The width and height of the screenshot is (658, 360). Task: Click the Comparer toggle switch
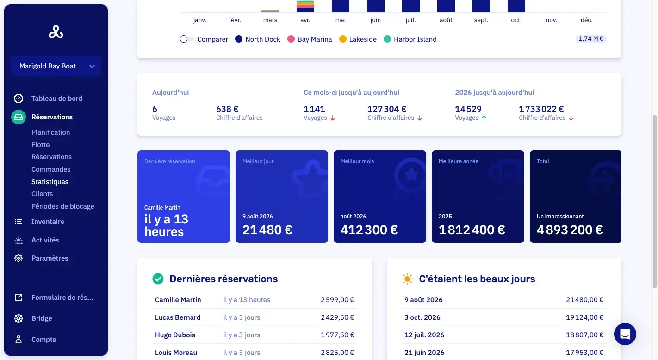(187, 39)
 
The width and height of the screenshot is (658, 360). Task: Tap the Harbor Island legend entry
(410, 39)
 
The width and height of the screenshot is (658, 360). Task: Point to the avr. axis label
(305, 20)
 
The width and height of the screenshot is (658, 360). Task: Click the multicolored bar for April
(305, 6)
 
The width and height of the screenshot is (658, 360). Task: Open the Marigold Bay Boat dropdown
(56, 66)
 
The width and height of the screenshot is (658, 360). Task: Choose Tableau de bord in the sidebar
(57, 99)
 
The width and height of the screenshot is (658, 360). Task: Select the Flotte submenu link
(41, 145)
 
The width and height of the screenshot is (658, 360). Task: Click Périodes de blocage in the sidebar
(62, 206)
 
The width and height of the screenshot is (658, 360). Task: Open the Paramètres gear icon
(19, 258)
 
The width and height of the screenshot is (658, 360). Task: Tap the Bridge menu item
(42, 318)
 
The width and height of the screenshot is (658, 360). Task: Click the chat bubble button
(625, 334)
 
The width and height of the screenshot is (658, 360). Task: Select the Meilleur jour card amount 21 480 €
(267, 230)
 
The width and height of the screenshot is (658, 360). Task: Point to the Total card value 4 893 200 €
(570, 230)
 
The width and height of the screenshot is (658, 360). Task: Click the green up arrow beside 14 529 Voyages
(484, 118)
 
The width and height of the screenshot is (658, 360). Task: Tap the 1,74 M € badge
(591, 39)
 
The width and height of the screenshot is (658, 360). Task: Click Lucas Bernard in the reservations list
(178, 317)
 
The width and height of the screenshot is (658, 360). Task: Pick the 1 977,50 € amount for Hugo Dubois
(337, 335)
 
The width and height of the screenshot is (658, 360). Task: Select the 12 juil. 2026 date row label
(424, 335)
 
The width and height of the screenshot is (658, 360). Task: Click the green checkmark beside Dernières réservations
(158, 279)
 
